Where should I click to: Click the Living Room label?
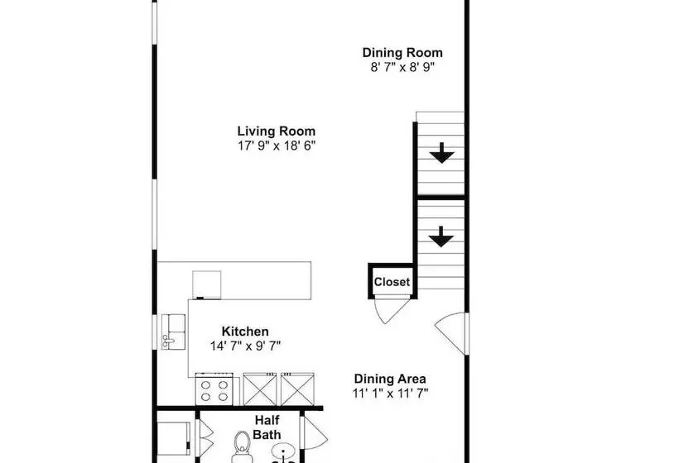(277, 131)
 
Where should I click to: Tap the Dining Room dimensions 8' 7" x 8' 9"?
(402, 67)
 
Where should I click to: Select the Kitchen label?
(245, 332)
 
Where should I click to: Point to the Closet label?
(392, 282)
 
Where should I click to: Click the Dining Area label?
(390, 379)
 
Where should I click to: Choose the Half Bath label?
(267, 427)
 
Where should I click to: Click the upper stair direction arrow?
(441, 153)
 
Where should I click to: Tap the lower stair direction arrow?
(441, 237)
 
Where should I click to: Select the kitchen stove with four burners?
(214, 389)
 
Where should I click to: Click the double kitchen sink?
(174, 332)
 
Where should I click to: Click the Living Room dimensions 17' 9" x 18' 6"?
(277, 146)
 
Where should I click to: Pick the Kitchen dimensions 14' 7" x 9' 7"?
(246, 346)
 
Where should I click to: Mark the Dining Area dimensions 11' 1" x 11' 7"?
(390, 394)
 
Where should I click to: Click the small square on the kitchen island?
(206, 285)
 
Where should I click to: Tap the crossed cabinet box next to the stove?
(260, 389)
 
